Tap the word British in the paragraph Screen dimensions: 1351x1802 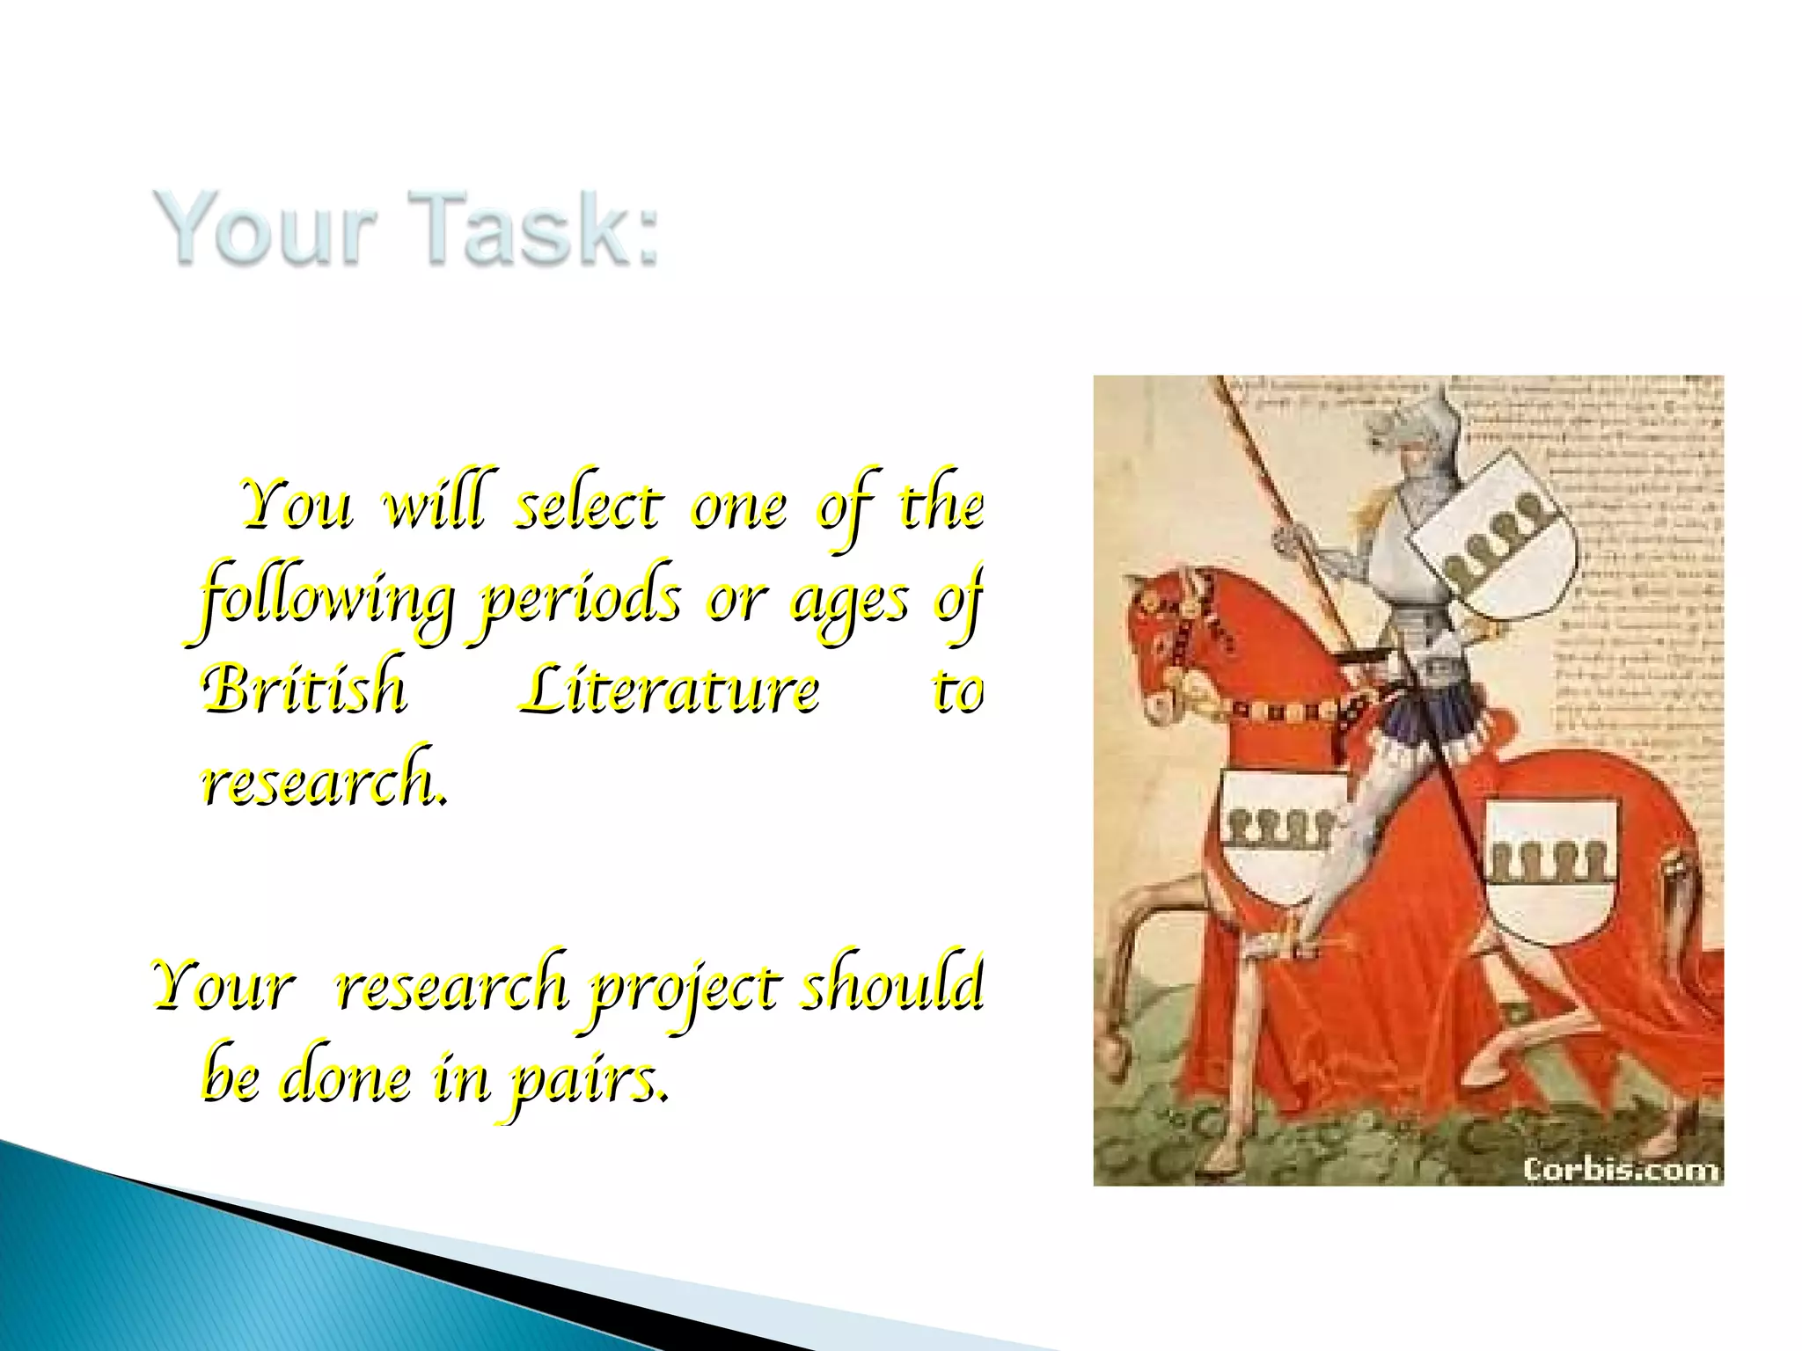[x=304, y=691]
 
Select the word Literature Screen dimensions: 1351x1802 [x=669, y=691]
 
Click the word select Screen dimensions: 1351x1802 [x=586, y=508]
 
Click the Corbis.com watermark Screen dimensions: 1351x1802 [x=1620, y=1169]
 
